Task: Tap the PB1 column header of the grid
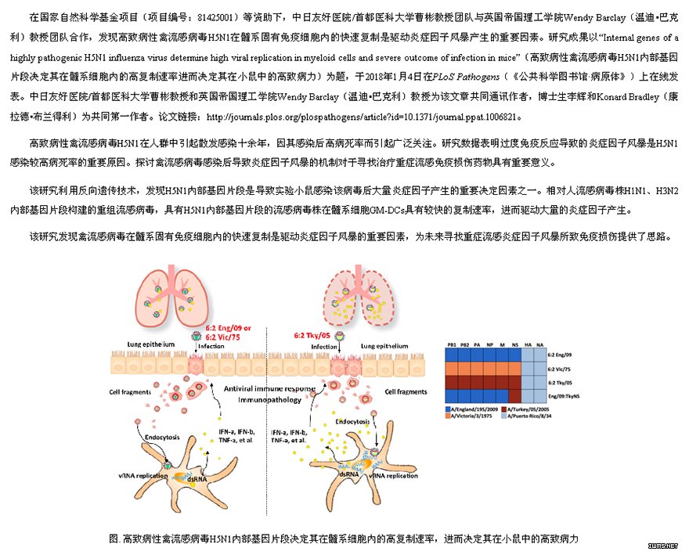point(452,344)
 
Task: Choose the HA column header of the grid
point(528,344)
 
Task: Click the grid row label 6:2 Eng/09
point(559,355)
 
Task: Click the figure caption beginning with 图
point(344,539)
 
